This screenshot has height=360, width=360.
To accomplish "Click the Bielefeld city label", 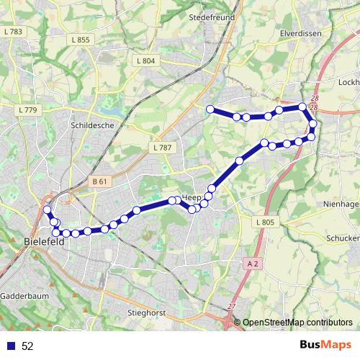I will [44, 242].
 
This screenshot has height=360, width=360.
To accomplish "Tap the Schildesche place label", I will [92, 125].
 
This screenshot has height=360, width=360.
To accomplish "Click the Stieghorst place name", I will [146, 313].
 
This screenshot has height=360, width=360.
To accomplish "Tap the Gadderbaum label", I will [23, 296].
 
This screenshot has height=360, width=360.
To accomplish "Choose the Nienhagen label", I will [341, 204].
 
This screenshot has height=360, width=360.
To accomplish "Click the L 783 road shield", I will [13, 32].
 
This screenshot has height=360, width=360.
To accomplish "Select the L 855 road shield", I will [81, 40].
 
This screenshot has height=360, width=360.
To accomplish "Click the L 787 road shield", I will [162, 148].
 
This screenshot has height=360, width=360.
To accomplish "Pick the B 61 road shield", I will [100, 182].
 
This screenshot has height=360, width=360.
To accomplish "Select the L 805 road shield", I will [264, 222].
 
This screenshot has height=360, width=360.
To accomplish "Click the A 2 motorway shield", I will [251, 264].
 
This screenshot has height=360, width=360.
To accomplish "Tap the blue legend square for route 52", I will [12, 346].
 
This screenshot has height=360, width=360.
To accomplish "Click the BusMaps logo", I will [325, 345].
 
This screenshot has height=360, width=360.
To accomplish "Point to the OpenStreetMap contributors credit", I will [297, 323].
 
